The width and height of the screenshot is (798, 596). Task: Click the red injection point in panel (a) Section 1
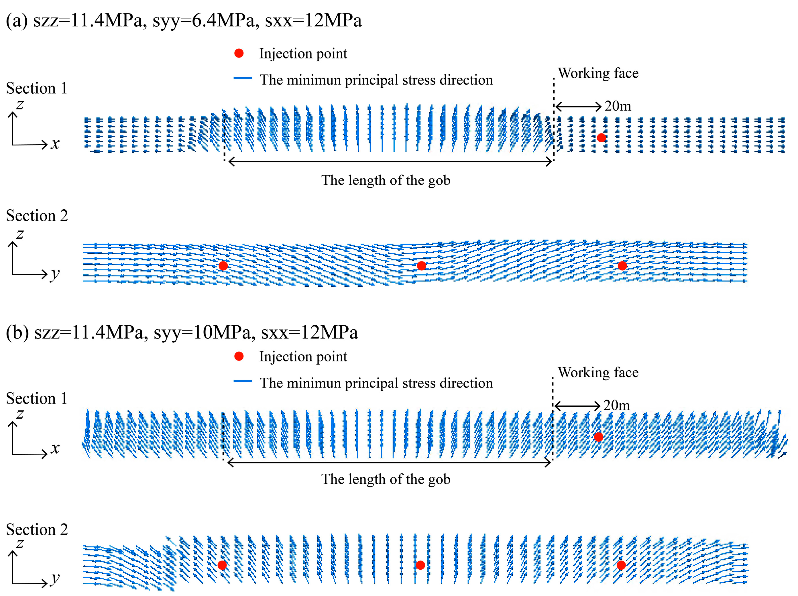(x=601, y=137)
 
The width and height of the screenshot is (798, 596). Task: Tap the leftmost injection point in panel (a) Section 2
(x=223, y=266)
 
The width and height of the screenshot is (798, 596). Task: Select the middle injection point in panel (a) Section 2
(x=421, y=266)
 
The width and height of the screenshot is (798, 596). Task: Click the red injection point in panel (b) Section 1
(x=599, y=437)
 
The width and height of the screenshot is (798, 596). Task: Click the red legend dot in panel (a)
(x=239, y=53)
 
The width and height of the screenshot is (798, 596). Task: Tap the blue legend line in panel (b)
(x=243, y=381)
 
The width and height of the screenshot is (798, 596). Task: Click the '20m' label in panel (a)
(x=618, y=106)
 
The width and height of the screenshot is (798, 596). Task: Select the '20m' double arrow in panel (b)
(x=577, y=406)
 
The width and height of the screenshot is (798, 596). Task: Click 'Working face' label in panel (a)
(x=598, y=73)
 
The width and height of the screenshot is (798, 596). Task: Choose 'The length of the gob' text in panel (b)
(x=386, y=479)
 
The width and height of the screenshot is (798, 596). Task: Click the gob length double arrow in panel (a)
(x=390, y=162)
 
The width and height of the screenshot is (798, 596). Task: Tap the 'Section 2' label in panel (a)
(x=37, y=215)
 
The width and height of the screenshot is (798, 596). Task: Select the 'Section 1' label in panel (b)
(x=37, y=398)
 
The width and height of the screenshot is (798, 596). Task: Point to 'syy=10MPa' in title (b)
(x=202, y=332)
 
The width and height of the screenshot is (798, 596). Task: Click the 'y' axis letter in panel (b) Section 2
(x=55, y=578)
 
